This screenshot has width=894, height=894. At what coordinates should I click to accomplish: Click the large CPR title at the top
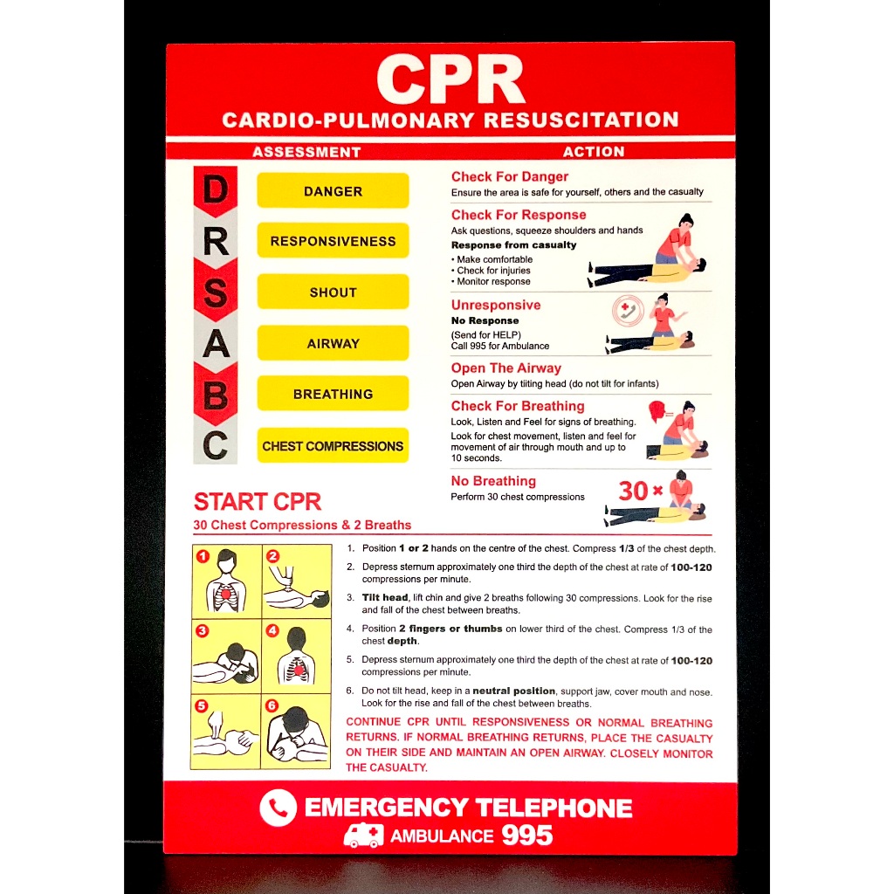tap(450, 79)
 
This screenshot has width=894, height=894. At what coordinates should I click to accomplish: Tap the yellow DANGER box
tap(333, 191)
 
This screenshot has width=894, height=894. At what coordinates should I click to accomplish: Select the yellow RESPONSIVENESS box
tap(333, 241)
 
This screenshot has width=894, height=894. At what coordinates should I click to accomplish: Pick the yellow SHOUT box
tap(333, 292)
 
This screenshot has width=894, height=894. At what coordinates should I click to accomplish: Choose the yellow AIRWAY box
tap(333, 343)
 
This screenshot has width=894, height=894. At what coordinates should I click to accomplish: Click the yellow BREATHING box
tap(333, 394)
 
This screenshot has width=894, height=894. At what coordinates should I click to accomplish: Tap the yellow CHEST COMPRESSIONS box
tap(333, 445)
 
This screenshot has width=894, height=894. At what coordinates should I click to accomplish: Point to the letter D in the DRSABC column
tap(215, 191)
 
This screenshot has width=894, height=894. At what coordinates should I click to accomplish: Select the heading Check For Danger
tap(509, 176)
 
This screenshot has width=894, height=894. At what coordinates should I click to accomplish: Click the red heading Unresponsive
tap(495, 305)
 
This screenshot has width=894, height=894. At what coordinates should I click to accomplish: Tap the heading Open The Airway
tap(505, 368)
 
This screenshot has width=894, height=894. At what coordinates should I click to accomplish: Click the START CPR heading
tap(258, 502)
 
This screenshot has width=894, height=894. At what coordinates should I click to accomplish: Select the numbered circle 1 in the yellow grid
tap(202, 555)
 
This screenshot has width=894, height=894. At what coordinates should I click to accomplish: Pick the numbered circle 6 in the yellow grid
tap(272, 705)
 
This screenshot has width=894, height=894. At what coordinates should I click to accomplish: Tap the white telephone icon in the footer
tap(278, 808)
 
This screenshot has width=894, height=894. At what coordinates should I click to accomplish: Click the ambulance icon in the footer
tap(363, 836)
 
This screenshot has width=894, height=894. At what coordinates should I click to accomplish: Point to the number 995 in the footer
tap(526, 836)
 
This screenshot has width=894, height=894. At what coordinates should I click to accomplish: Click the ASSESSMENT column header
tap(306, 152)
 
